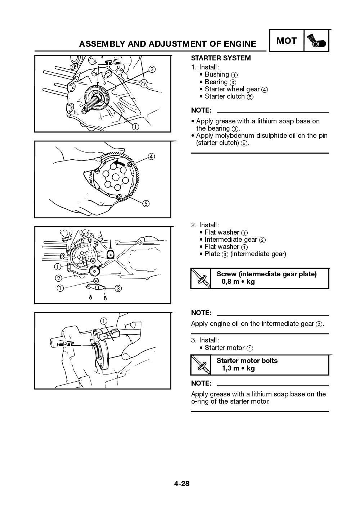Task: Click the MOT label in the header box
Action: coord(286,41)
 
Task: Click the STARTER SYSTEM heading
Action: coord(221,58)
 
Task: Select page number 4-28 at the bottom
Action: coord(182,483)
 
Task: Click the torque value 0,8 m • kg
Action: coord(238,282)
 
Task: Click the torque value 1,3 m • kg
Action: coord(238,368)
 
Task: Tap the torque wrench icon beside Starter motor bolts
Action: coord(201,365)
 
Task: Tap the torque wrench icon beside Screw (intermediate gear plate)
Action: coord(201,278)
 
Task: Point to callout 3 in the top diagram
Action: coord(152,69)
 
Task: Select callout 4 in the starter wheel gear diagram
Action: coord(151,156)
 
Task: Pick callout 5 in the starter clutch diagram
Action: coord(146,204)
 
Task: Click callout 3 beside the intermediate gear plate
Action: coord(118,288)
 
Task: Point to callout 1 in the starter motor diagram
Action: coord(104,321)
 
